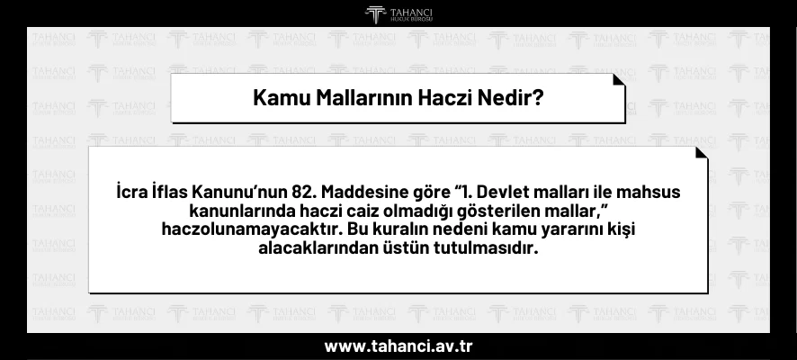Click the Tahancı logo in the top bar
[398, 14]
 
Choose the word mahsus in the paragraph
[648, 193]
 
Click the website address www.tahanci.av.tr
[398, 346]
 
